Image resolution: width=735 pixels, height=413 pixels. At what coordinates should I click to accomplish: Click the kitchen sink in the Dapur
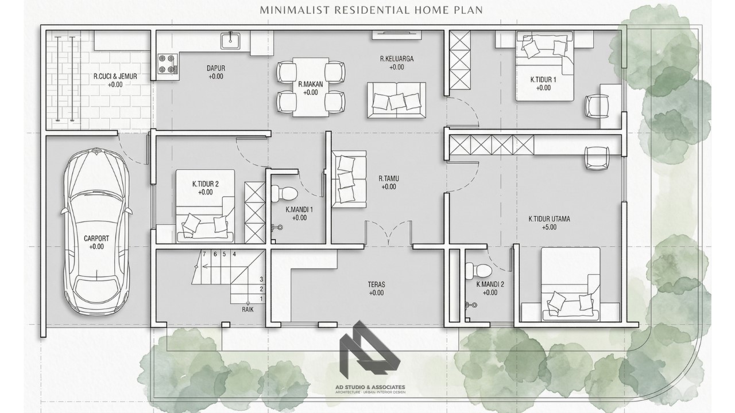tap(230, 41)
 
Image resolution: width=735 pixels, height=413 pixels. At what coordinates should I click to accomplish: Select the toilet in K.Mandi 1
tap(284, 193)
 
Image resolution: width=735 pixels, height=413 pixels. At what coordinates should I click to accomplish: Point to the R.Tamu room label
tap(389, 178)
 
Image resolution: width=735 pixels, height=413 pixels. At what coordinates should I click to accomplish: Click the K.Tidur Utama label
tap(550, 219)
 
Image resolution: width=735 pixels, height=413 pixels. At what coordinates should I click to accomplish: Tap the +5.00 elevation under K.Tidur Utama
tap(550, 227)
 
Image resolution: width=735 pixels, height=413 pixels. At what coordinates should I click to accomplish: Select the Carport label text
tap(96, 238)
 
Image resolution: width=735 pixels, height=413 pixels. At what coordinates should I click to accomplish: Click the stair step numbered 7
tap(204, 254)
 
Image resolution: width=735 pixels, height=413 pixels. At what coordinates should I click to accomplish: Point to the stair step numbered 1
tap(261, 299)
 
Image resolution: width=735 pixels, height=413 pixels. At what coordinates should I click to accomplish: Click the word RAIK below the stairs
tap(247, 309)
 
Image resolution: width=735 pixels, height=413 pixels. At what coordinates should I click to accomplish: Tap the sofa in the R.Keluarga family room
tap(396, 100)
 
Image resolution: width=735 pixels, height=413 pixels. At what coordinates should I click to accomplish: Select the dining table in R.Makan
tap(311, 87)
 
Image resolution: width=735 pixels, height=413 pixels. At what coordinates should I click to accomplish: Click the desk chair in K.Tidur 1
tap(597, 106)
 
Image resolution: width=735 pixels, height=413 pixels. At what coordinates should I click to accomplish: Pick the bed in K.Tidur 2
tap(205, 206)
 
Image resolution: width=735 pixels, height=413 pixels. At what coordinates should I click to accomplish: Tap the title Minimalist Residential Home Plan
tap(372, 10)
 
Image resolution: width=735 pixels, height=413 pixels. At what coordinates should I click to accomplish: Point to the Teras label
tap(376, 285)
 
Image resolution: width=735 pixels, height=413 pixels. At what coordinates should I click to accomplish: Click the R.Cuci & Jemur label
tap(115, 76)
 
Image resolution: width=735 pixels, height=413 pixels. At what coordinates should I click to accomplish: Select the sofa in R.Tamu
tap(349, 179)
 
